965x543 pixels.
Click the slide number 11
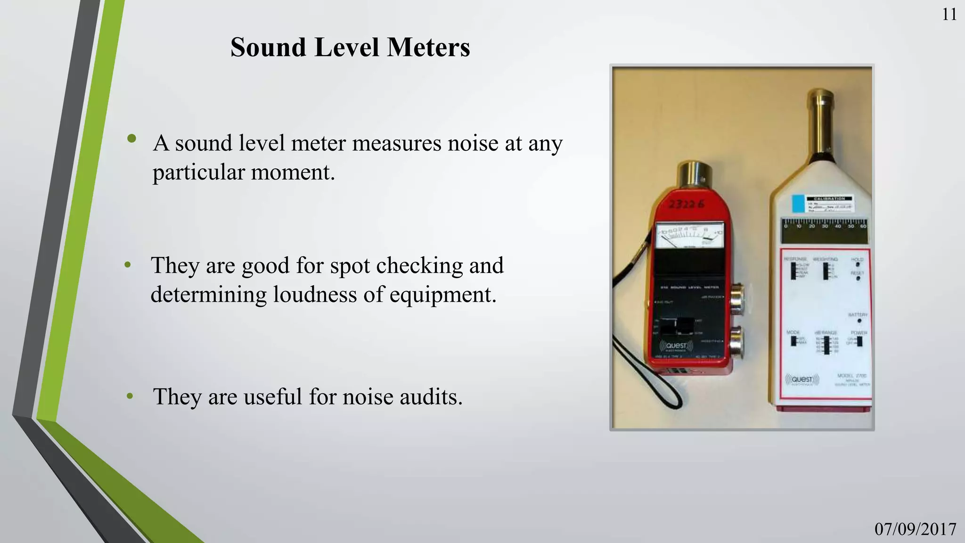click(949, 15)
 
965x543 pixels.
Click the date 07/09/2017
click(915, 529)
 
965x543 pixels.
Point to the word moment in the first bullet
click(293, 172)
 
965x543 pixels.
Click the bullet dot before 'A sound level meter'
click(131, 139)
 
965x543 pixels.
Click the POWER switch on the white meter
click(859, 341)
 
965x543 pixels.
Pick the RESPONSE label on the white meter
click(795, 259)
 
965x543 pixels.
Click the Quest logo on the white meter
click(802, 379)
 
